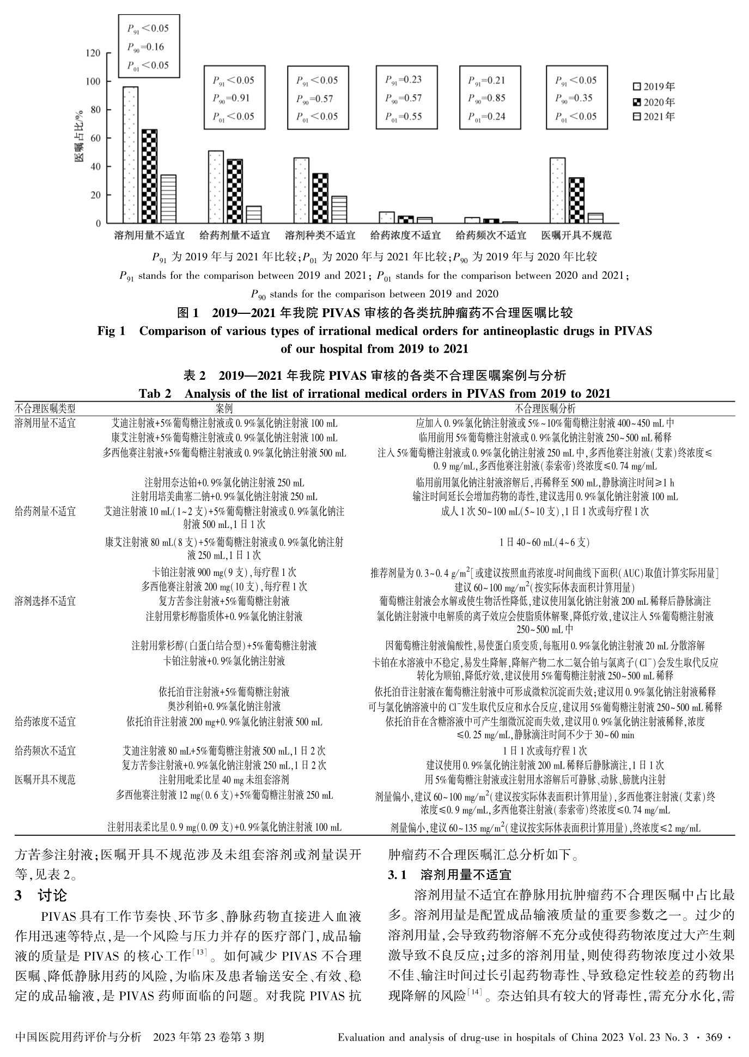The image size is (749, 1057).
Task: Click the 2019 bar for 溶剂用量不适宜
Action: (130, 155)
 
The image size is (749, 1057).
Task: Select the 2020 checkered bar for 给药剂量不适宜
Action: (234, 191)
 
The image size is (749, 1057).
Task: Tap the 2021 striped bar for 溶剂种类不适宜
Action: (339, 209)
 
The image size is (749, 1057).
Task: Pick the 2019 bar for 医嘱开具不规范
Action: (557, 190)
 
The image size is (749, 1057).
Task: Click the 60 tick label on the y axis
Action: (95, 138)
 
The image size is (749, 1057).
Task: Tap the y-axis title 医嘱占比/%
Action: (80, 136)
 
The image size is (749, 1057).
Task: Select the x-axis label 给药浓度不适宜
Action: (406, 235)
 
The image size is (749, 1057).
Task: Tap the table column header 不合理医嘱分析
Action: (545, 408)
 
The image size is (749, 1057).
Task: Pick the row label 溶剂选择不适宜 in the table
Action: (45, 601)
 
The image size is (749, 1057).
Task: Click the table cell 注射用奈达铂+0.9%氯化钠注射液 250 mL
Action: (224, 482)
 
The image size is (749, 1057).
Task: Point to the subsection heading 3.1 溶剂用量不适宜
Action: (449, 876)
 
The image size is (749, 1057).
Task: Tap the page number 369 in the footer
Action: (714, 1037)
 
